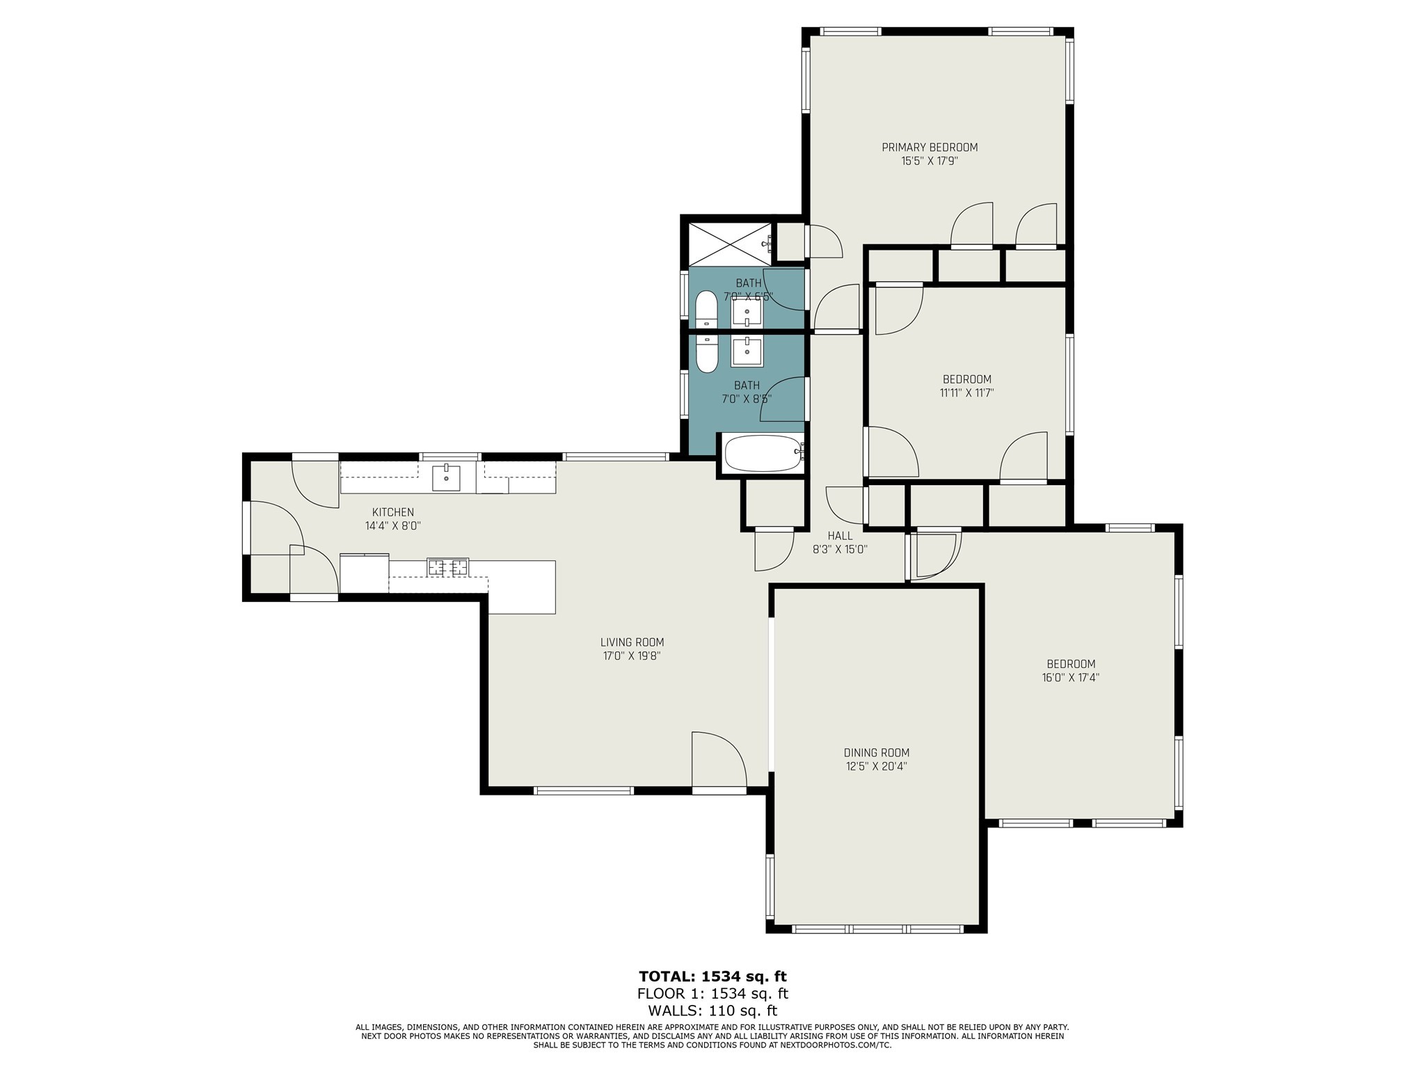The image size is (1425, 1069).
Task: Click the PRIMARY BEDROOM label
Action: tap(930, 148)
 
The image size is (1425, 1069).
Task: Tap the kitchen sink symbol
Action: tap(446, 477)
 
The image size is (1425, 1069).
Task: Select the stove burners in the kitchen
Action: tap(448, 567)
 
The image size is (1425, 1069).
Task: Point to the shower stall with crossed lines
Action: tap(730, 244)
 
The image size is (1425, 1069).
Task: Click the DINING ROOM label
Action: tap(876, 752)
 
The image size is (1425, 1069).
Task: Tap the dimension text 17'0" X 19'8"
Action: tap(632, 656)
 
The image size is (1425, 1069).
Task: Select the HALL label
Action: tap(840, 536)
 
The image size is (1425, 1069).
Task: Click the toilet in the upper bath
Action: tap(707, 310)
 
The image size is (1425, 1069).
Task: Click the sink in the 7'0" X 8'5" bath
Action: tap(747, 351)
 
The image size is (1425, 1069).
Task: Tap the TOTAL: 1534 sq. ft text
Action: tap(712, 976)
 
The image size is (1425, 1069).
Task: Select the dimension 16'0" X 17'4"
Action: tap(1070, 677)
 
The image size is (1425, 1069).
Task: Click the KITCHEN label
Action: tap(393, 512)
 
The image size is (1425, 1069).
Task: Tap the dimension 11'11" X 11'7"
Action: tap(966, 393)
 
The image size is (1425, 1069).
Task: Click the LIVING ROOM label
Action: tap(632, 642)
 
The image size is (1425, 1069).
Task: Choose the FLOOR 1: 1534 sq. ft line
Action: tap(712, 994)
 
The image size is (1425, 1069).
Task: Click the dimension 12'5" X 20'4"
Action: tap(876, 766)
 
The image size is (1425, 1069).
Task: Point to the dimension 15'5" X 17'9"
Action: tap(930, 161)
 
